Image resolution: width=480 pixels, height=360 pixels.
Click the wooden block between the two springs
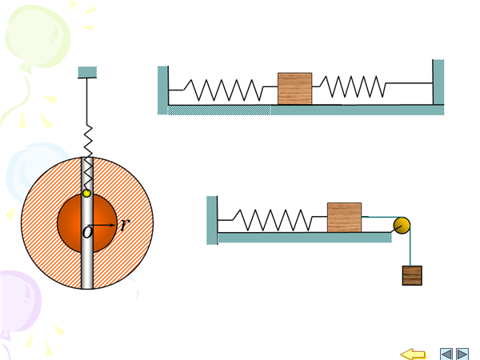click(x=294, y=88)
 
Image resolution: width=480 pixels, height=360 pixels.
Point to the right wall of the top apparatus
click(x=438, y=82)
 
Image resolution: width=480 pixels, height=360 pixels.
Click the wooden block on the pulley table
click(x=344, y=217)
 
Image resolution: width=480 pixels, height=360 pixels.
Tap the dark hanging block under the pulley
click(x=412, y=275)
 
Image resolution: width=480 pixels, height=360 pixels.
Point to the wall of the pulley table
click(x=212, y=218)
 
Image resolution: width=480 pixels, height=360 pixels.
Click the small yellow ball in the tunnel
click(x=87, y=194)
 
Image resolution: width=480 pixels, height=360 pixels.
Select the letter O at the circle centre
click(x=87, y=233)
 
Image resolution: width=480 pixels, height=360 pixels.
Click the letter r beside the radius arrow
click(x=124, y=225)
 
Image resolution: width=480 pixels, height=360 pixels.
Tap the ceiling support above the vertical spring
click(x=87, y=73)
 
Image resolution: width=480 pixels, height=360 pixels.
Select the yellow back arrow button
click(x=413, y=354)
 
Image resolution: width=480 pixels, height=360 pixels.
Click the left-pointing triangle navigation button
click(x=446, y=354)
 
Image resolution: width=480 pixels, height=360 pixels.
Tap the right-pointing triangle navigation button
click(x=462, y=354)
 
